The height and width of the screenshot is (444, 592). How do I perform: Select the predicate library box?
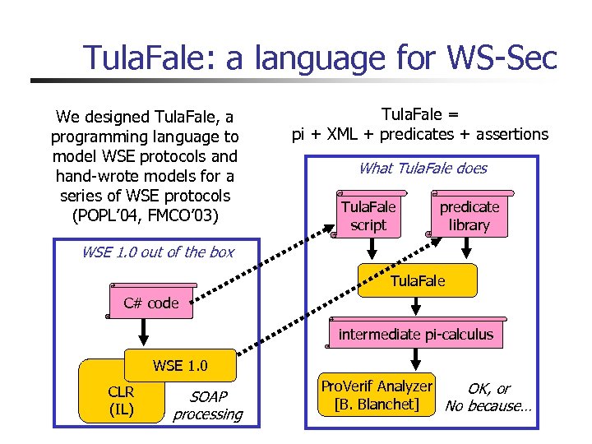[469, 215]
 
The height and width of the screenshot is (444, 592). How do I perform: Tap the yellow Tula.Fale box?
[418, 281]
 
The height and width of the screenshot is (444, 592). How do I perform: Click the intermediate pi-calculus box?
[416, 334]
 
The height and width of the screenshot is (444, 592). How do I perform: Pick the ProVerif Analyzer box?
[377, 395]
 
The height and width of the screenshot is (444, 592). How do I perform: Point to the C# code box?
[150, 303]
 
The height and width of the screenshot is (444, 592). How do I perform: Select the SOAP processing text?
[207, 405]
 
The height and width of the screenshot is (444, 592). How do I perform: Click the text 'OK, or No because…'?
[488, 397]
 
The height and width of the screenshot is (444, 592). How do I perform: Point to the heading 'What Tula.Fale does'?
[423, 169]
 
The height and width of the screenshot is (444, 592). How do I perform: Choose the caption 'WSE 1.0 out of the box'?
[157, 252]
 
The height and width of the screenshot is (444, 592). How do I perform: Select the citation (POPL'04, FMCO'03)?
[145, 215]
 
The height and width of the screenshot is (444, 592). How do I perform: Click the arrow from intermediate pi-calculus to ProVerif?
[416, 358]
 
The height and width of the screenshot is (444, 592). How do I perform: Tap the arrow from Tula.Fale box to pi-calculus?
[416, 308]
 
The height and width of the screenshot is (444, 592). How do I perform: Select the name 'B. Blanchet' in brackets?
[377, 405]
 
